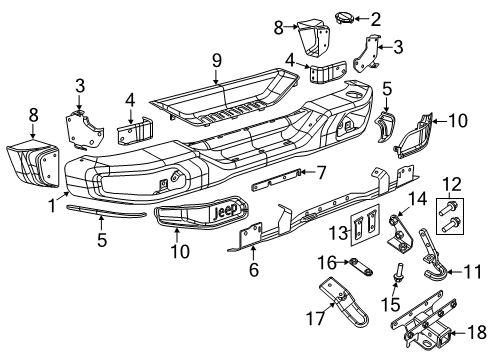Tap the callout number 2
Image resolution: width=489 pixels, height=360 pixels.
click(x=376, y=17)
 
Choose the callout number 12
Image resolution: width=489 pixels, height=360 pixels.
click(x=453, y=182)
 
